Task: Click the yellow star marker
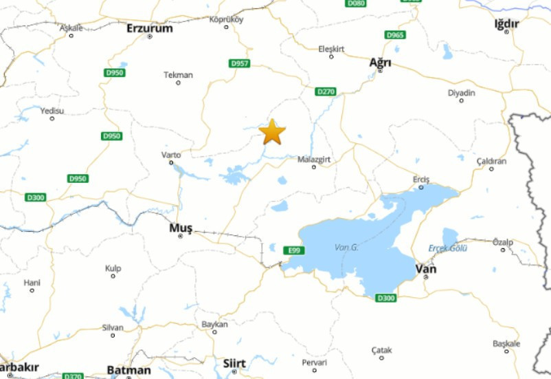point(273,132)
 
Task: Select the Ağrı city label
point(380,63)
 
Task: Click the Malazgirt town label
point(314,160)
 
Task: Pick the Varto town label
point(171,155)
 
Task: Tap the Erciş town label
point(421,180)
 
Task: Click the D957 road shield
point(239,64)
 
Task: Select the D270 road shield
point(326,91)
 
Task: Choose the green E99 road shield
point(293,250)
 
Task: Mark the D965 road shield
point(395,35)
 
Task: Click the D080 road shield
point(357,3)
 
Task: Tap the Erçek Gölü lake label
point(448,248)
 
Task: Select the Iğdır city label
point(506,24)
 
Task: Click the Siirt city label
point(234,362)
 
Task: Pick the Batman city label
point(128,370)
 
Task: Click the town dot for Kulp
point(113,277)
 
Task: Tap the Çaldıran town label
point(491,161)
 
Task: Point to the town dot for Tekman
point(179,83)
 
